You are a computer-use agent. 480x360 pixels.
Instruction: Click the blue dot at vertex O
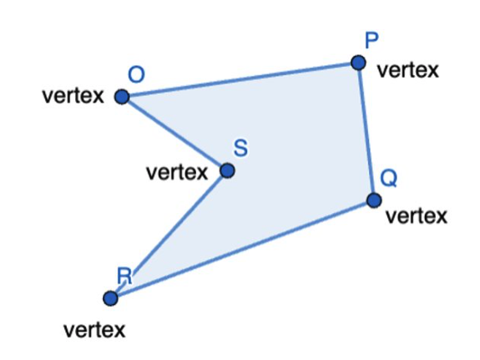[122, 97]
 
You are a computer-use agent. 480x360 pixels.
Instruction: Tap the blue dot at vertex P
[358, 63]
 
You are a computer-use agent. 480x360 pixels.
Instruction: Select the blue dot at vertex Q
[374, 200]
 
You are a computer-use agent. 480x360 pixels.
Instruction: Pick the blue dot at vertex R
[110, 298]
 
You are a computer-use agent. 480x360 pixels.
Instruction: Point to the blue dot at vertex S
[227, 170]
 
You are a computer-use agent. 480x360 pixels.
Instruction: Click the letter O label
[136, 75]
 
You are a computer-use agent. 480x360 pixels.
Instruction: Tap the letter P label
[371, 40]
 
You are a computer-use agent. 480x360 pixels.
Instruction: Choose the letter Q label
[389, 178]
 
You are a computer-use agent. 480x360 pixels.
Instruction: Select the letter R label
[124, 276]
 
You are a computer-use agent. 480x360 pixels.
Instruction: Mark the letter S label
[240, 148]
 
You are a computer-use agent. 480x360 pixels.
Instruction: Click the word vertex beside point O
[73, 96]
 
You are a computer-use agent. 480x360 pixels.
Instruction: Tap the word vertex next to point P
[408, 70]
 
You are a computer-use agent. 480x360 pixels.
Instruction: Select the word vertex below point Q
[417, 216]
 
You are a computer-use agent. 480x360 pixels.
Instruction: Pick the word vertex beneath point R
[94, 330]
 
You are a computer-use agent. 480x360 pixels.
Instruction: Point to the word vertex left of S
[177, 173]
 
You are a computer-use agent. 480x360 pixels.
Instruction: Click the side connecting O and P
[240, 79]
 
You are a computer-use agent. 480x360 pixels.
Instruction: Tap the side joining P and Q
[366, 132]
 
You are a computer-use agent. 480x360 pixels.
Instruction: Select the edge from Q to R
[242, 249]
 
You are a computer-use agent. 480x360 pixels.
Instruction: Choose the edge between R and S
[169, 235]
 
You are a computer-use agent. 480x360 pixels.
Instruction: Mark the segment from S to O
[174, 134]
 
